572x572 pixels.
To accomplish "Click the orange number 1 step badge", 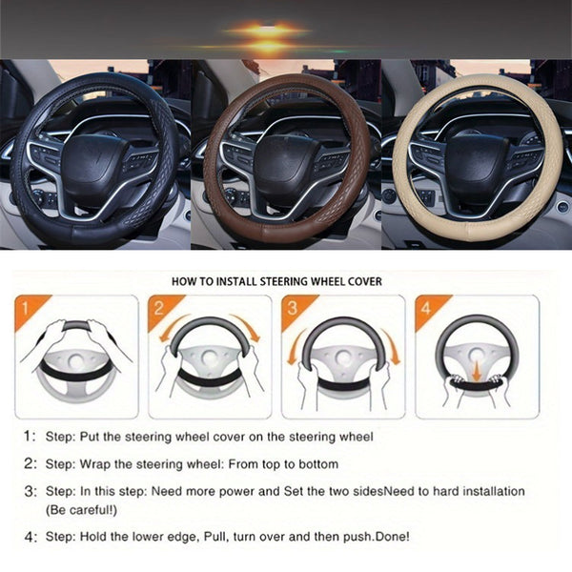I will pyautogui.click(x=28, y=310).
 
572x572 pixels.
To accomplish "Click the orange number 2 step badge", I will pyautogui.click(x=158, y=310).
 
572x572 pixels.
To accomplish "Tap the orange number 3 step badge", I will pyautogui.click(x=292, y=310).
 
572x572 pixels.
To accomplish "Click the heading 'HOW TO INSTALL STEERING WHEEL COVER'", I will pyautogui.click(x=276, y=281).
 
